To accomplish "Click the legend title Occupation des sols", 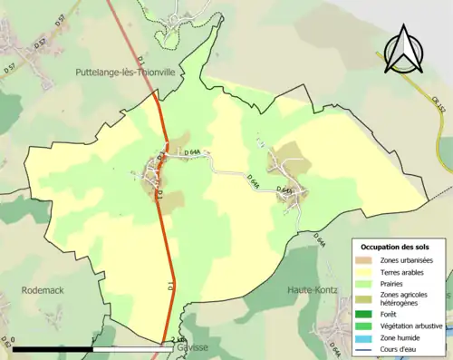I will [398, 247].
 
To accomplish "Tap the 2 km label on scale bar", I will [178, 340].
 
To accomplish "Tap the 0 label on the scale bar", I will [14, 340].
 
